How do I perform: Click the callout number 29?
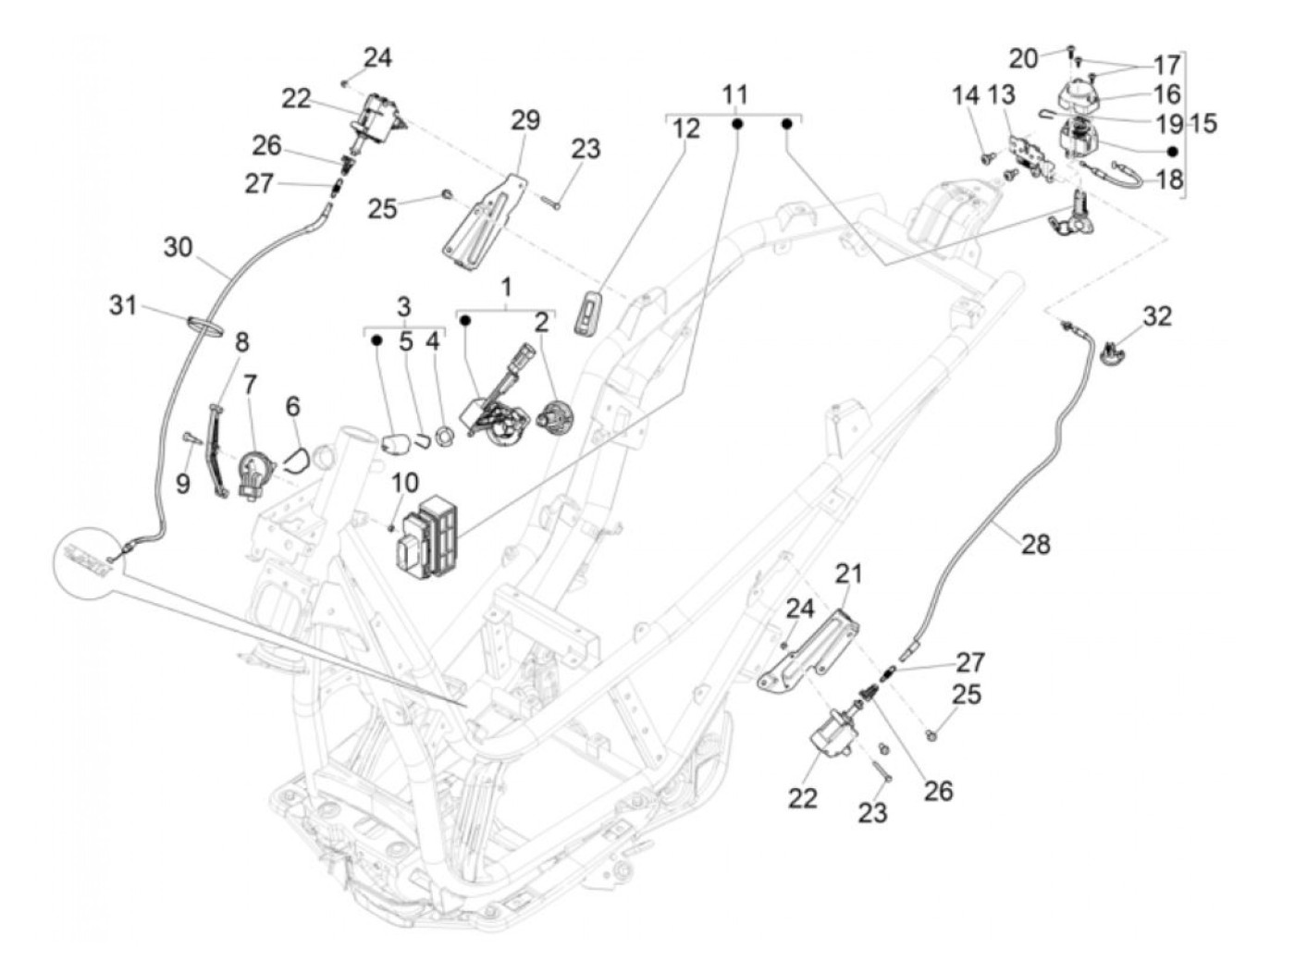click(525, 120)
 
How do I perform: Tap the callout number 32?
click(1156, 316)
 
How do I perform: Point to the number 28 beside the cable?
click(1037, 544)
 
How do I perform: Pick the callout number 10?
click(404, 482)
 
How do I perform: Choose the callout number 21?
click(848, 574)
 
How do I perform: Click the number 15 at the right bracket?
click(1203, 123)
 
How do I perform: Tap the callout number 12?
click(686, 129)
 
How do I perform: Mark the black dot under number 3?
click(376, 339)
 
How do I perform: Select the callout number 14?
click(966, 96)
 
